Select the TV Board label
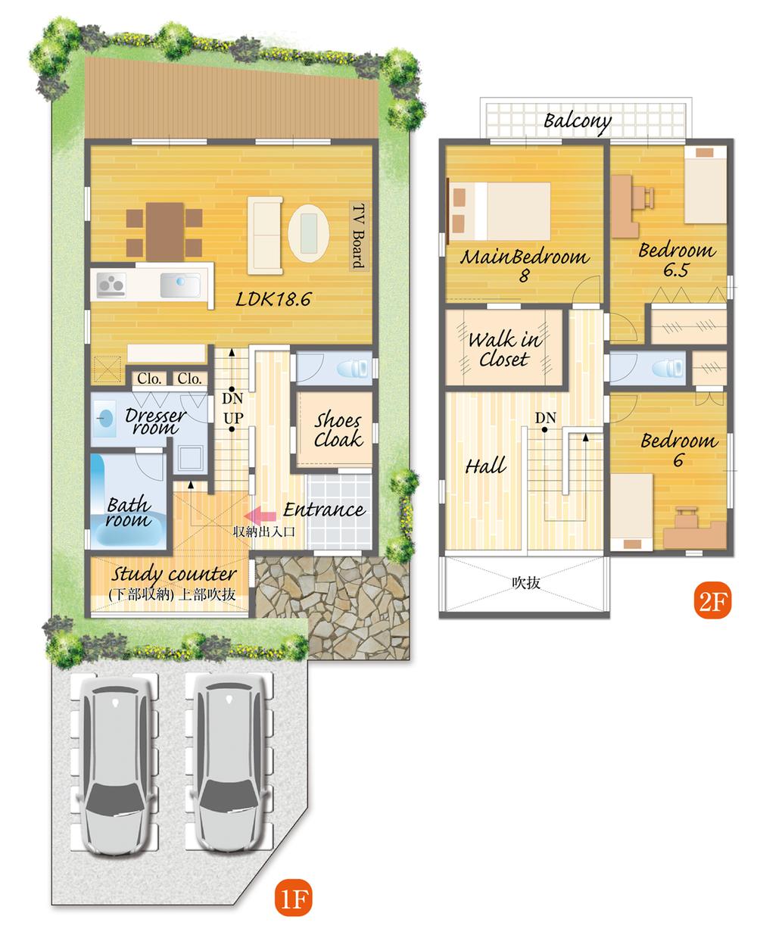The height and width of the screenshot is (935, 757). pos(358,235)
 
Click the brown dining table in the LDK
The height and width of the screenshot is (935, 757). pos(165,229)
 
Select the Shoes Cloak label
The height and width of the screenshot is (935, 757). pos(338,430)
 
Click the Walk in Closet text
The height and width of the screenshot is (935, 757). pos(504,349)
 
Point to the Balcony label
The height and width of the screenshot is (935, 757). pos(577,120)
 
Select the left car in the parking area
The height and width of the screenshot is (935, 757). pos(114,765)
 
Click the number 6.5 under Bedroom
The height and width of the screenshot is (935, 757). pos(674,270)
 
